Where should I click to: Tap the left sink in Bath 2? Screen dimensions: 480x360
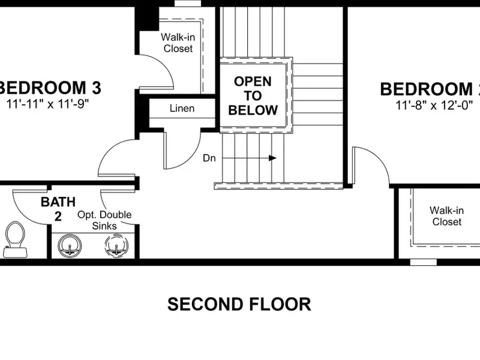pyautogui.click(x=70, y=245)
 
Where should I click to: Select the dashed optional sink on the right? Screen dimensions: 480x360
pyautogui.click(x=116, y=245)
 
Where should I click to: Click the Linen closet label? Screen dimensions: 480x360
pyautogui.click(x=182, y=108)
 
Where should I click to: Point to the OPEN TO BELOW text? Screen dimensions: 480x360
pyautogui.click(x=253, y=95)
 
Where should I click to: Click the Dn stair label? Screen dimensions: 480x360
pyautogui.click(x=209, y=158)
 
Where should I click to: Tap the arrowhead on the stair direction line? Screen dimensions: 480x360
pyautogui.click(x=272, y=158)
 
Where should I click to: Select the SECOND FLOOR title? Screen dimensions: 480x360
pyautogui.click(x=239, y=304)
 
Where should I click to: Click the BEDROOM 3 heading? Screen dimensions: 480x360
pyautogui.click(x=50, y=88)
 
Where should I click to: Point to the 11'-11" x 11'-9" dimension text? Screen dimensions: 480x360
pyautogui.click(x=47, y=104)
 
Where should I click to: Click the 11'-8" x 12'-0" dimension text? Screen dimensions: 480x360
pyautogui.click(x=434, y=106)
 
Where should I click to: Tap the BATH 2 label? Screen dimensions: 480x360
pyautogui.click(x=58, y=209)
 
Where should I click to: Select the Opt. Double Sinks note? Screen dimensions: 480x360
pyautogui.click(x=104, y=220)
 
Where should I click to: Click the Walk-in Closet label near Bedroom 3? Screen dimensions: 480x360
pyautogui.click(x=178, y=43)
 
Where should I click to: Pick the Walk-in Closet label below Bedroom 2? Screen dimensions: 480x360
pyautogui.click(x=446, y=216)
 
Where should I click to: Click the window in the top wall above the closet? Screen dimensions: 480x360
pyautogui.click(x=188, y=3)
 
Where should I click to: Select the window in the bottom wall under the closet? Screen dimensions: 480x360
pyautogui.click(x=424, y=262)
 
